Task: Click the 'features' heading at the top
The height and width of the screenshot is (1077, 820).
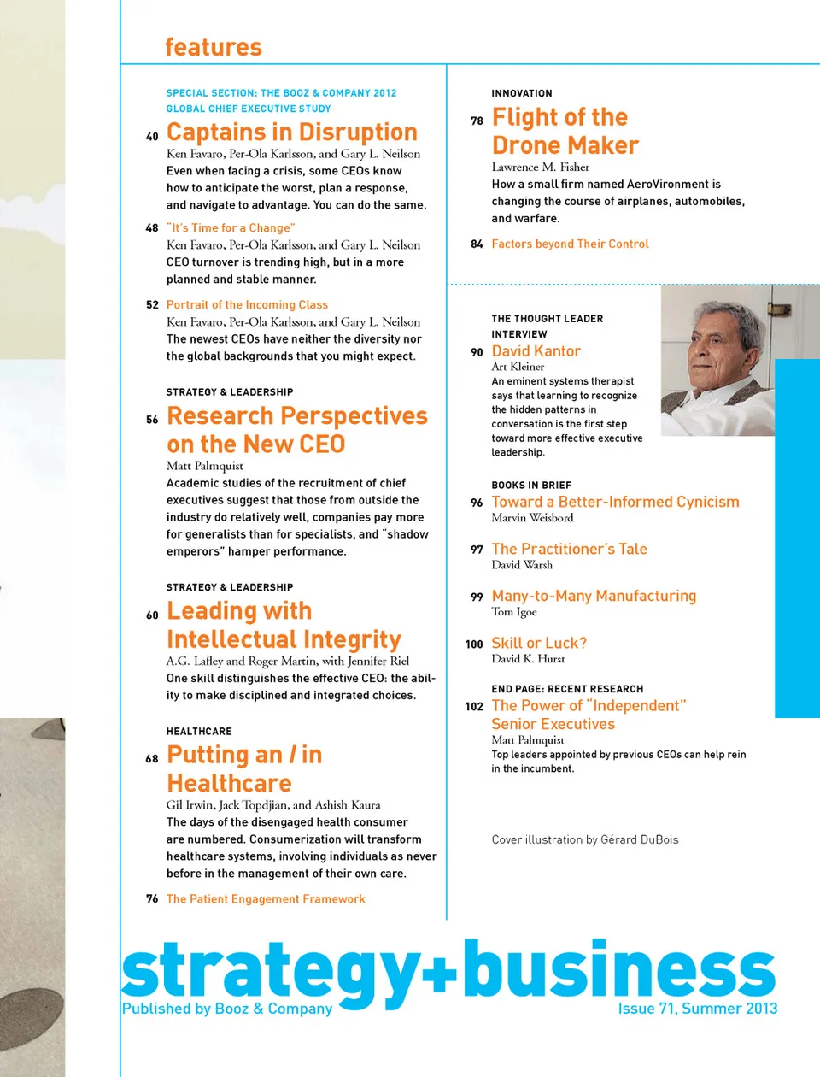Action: [213, 47]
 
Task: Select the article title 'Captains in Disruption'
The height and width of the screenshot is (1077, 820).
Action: [291, 132]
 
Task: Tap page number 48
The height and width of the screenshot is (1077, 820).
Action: [152, 228]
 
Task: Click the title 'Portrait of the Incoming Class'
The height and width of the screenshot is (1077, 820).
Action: [247, 305]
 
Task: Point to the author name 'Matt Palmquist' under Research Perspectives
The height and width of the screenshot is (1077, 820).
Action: [205, 466]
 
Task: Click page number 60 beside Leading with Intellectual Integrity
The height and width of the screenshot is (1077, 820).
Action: [152, 615]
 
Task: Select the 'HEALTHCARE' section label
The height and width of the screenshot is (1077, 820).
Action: [199, 732]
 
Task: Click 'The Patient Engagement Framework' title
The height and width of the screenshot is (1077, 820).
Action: [266, 899]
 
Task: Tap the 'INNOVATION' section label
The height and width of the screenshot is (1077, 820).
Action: [522, 93]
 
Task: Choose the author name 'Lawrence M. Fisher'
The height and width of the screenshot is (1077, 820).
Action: [540, 167]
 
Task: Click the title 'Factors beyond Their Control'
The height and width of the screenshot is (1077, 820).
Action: [570, 244]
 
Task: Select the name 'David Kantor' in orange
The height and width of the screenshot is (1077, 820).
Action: [536, 351]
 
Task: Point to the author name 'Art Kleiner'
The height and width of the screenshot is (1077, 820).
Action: [518, 367]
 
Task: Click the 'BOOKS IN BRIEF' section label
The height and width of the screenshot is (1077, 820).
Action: [531, 486]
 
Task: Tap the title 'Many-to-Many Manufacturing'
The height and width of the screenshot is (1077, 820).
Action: [594, 597]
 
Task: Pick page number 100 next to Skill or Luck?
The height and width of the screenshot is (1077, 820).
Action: [474, 644]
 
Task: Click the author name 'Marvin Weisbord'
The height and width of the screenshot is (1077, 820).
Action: [532, 518]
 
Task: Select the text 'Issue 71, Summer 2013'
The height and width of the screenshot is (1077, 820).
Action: [697, 1009]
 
